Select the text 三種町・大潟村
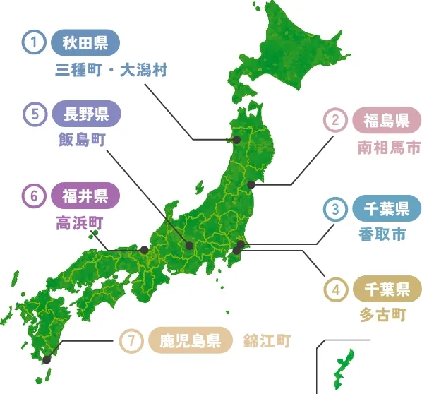point(112,71)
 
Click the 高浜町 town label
point(80,223)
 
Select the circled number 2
point(335,121)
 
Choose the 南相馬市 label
point(388,148)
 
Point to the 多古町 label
point(382,314)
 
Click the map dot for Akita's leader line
point(237,140)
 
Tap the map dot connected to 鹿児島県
point(47,359)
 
